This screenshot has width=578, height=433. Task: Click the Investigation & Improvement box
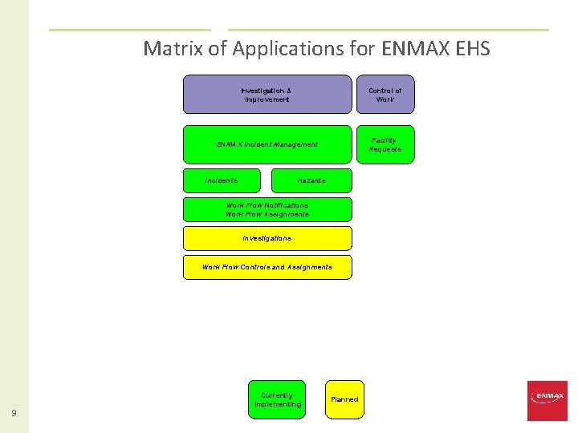click(x=267, y=95)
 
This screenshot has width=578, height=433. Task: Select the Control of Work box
click(x=385, y=95)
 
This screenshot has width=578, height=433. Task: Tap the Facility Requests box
click(x=385, y=144)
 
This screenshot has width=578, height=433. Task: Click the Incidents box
click(x=222, y=180)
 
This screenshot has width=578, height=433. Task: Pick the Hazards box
click(x=311, y=180)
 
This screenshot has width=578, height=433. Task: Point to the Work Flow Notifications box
click(x=267, y=205)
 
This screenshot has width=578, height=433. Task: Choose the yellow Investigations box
click(x=267, y=238)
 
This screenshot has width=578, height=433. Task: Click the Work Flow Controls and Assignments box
click(x=267, y=267)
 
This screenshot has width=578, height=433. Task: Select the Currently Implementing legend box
click(x=277, y=399)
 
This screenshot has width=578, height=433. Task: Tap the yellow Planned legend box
click(x=344, y=399)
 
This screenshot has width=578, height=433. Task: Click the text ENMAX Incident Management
click(x=267, y=144)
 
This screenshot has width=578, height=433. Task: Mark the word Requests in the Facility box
click(x=385, y=149)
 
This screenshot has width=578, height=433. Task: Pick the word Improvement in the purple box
click(x=266, y=99)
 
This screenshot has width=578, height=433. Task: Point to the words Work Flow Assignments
click(x=267, y=214)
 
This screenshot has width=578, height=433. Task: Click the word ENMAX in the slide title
click(x=409, y=49)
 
